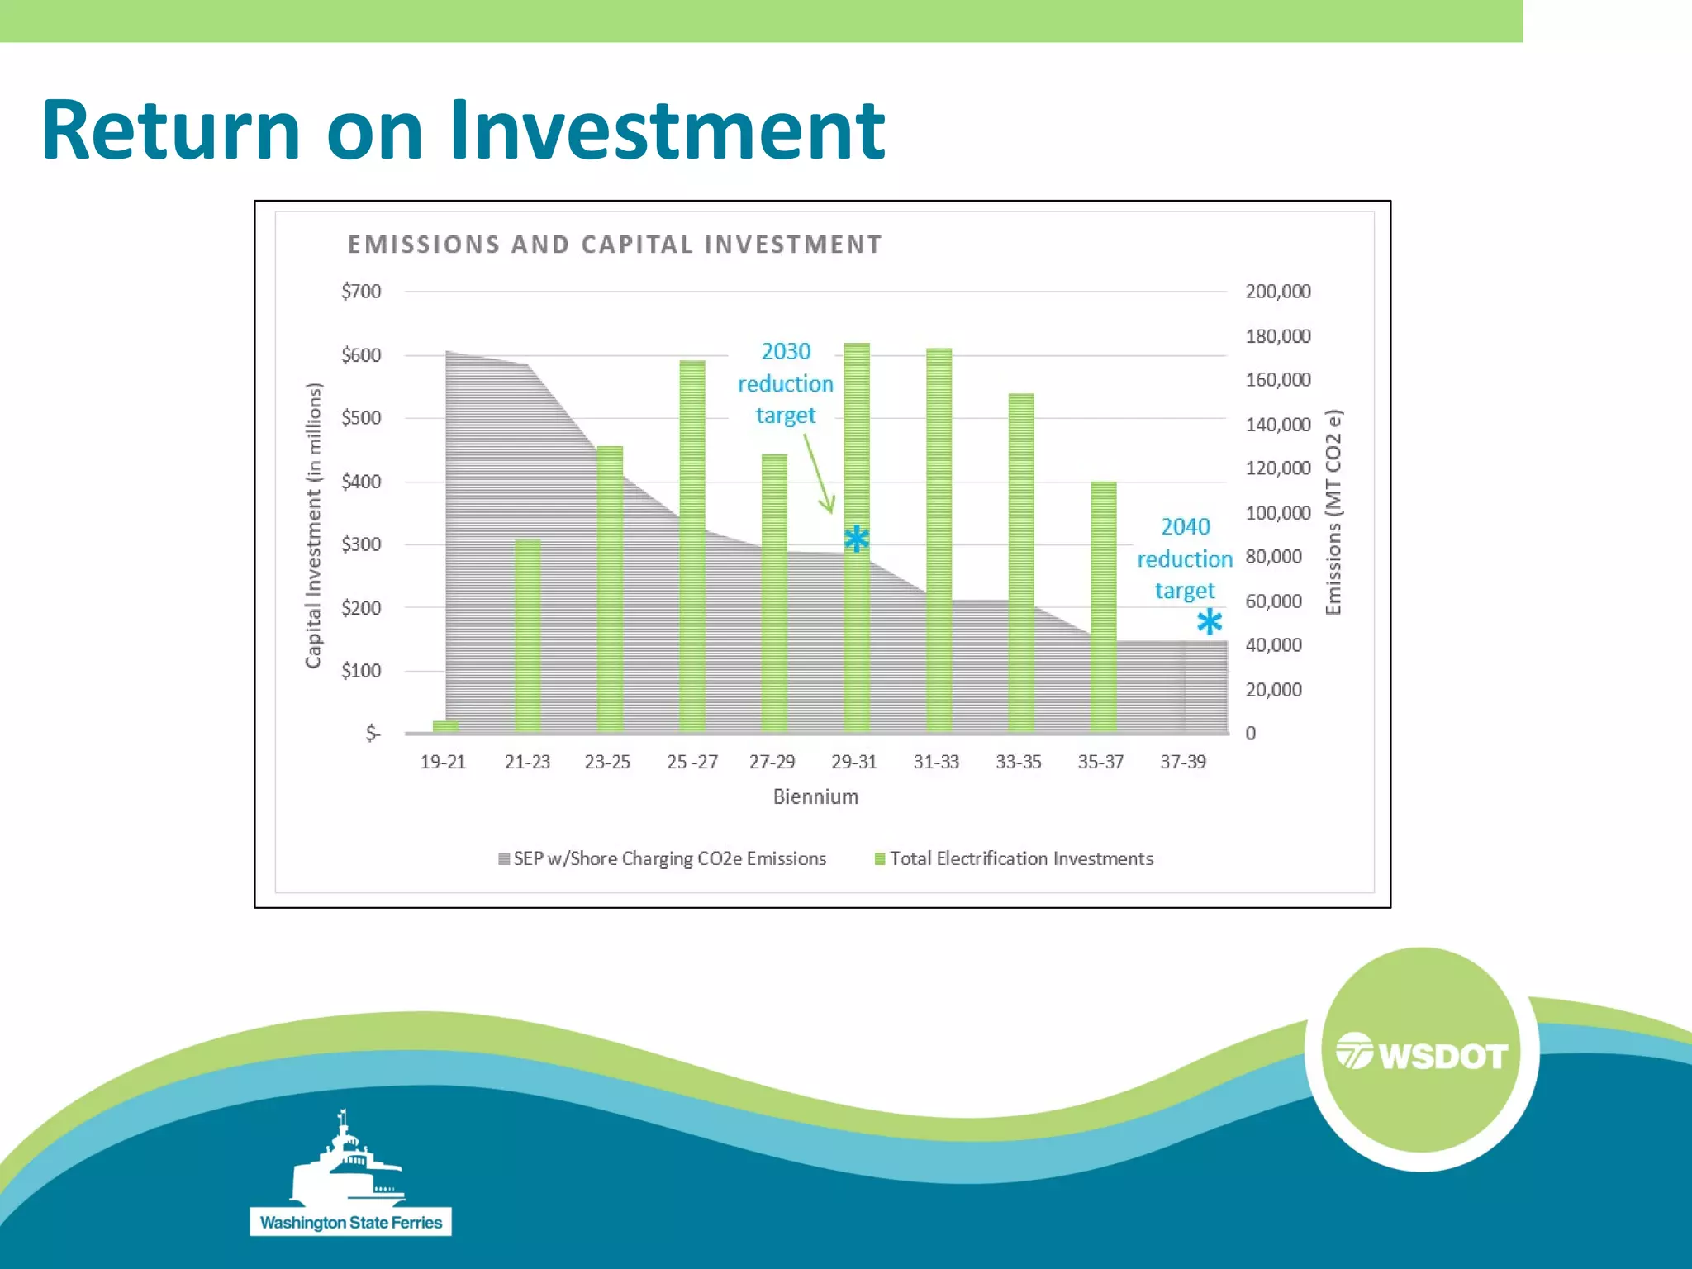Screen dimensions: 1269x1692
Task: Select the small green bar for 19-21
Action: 444,726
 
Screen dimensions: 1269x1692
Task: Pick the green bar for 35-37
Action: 1103,606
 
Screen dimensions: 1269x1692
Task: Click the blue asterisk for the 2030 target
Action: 857,539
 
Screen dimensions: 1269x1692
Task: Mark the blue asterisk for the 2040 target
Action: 1210,622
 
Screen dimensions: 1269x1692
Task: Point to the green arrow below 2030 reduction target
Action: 820,475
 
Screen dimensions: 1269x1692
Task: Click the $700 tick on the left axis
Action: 361,292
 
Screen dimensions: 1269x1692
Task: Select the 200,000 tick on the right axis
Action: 1277,292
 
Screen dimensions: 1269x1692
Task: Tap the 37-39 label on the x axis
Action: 1182,762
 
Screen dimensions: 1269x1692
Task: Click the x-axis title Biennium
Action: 815,796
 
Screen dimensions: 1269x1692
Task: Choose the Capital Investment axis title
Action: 313,525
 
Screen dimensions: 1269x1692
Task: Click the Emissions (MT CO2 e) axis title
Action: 1333,512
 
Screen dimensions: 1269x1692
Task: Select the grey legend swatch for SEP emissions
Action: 504,859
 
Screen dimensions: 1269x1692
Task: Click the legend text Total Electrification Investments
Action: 1021,859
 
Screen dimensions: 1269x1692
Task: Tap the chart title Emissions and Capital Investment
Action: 615,245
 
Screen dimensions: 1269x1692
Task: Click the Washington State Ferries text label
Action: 351,1223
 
